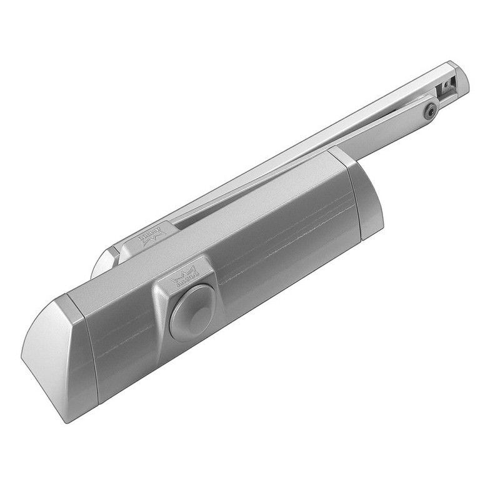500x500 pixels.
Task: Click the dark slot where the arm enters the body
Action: coord(187,219)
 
